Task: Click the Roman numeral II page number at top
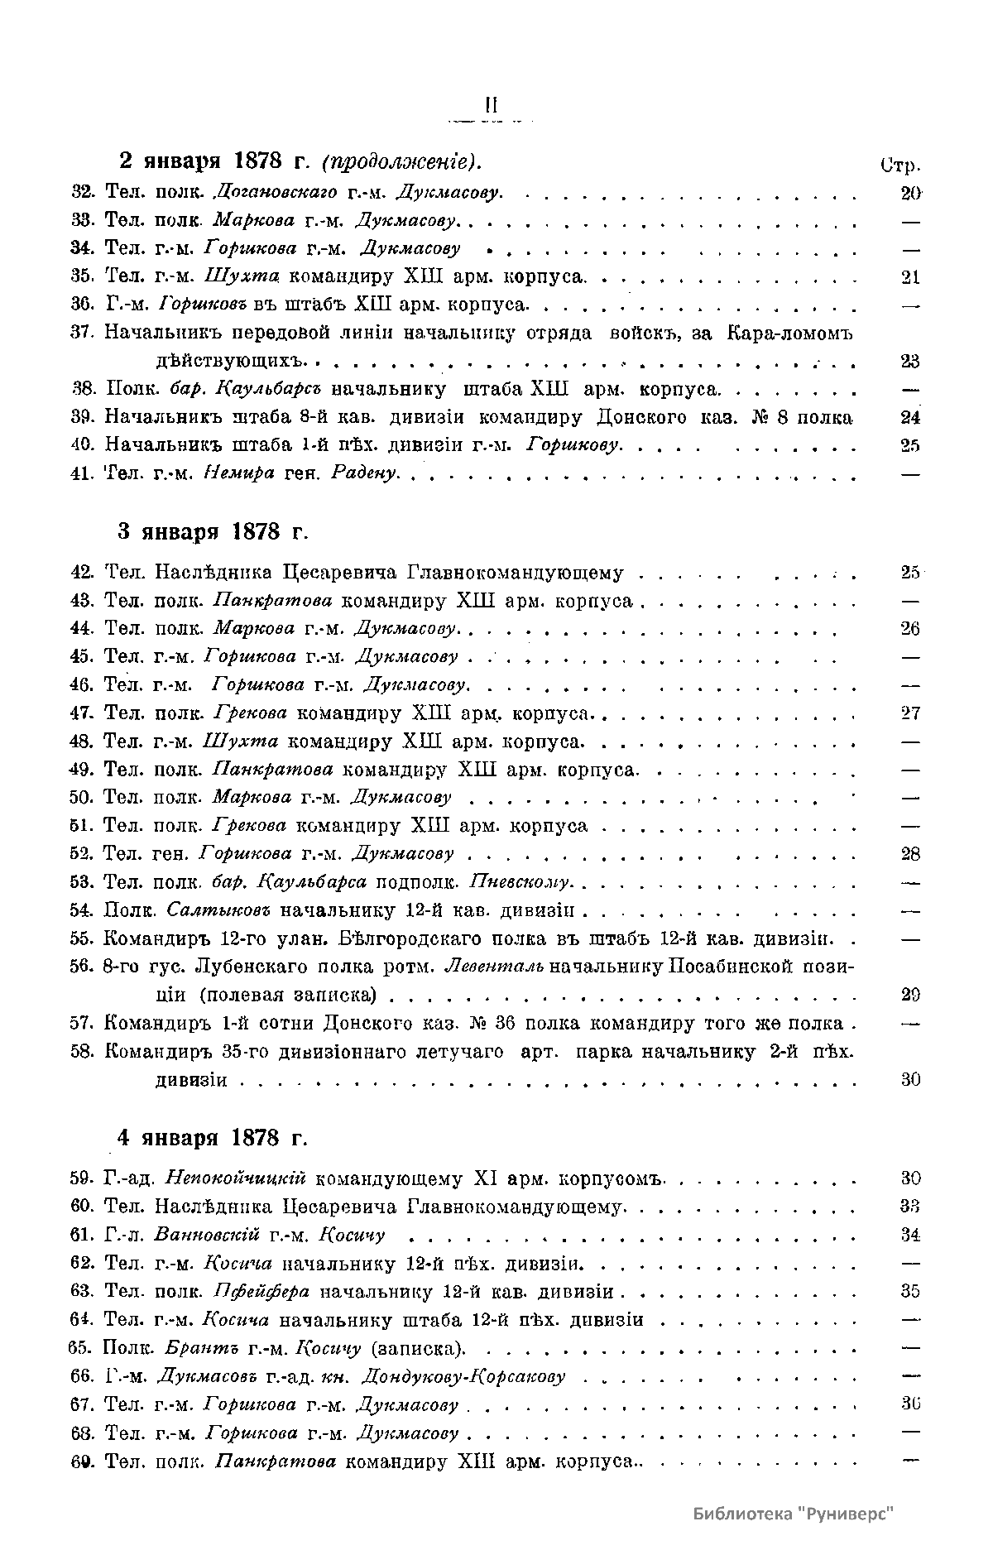[x=490, y=104]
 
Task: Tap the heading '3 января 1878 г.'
[x=211, y=530]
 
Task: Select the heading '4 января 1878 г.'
[x=211, y=1137]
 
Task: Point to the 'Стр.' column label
[x=901, y=164]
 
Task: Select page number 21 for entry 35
[x=910, y=277]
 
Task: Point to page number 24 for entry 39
[x=910, y=418]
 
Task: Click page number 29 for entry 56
[x=910, y=996]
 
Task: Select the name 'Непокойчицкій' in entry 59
[x=237, y=1178]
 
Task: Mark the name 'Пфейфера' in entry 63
[x=261, y=1291]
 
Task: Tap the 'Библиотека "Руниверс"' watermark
[x=794, y=1513]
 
